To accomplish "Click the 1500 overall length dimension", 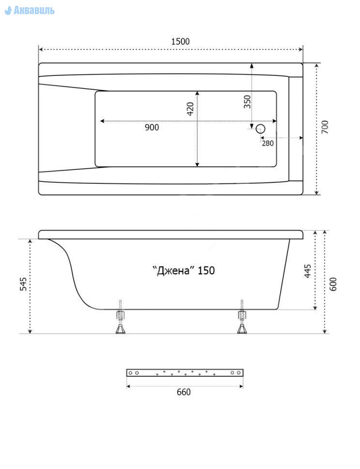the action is click(180, 41).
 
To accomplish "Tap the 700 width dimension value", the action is click(325, 127).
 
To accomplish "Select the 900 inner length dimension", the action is click(152, 128).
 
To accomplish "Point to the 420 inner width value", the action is click(190, 109).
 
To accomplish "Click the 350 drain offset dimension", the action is click(247, 102).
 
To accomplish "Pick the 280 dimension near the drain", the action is click(268, 143).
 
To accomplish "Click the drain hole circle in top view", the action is click(261, 129).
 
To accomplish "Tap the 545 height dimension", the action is click(23, 284).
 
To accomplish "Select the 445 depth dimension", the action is click(308, 271).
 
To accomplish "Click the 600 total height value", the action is click(333, 284).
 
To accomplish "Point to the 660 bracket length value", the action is click(183, 392).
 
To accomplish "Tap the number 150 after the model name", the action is click(206, 270).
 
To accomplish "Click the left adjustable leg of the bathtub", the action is click(120, 317).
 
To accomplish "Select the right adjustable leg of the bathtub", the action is click(242, 317).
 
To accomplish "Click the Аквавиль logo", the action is click(30, 11).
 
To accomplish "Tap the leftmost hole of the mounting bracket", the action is click(130, 373).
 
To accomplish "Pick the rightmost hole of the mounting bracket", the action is click(239, 373).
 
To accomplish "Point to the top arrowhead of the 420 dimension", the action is click(197, 93).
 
